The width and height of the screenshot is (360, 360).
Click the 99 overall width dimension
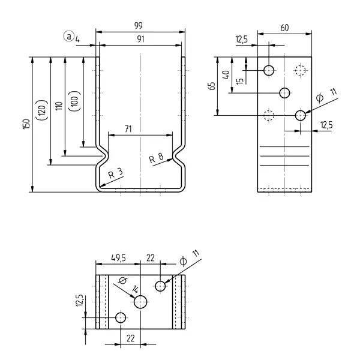(x=139, y=25)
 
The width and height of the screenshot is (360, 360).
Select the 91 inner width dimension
(x=140, y=39)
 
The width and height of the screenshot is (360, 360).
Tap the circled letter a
(x=68, y=36)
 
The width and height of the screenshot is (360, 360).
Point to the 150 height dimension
(x=26, y=124)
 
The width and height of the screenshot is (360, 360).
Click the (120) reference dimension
(x=42, y=110)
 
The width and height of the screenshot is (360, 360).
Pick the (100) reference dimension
(x=74, y=101)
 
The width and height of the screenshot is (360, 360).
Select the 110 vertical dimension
(x=59, y=106)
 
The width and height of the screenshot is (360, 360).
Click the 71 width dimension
(x=128, y=129)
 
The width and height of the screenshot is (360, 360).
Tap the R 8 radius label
(x=156, y=158)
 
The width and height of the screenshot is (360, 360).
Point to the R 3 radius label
(x=115, y=173)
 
